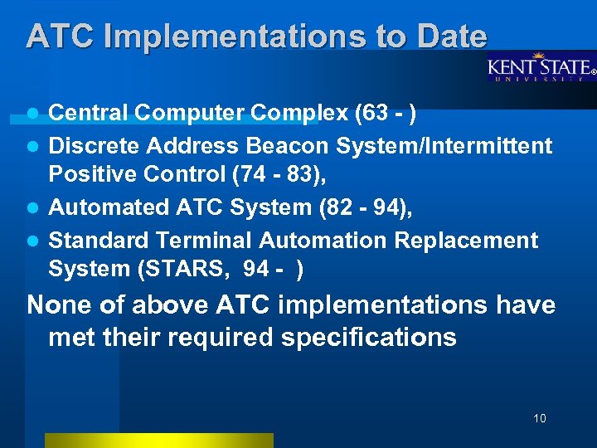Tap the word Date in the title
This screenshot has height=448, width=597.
[452, 36]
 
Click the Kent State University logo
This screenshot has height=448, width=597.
[540, 67]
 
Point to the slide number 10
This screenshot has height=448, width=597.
[540, 418]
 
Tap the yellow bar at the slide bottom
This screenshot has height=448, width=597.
[158, 441]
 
